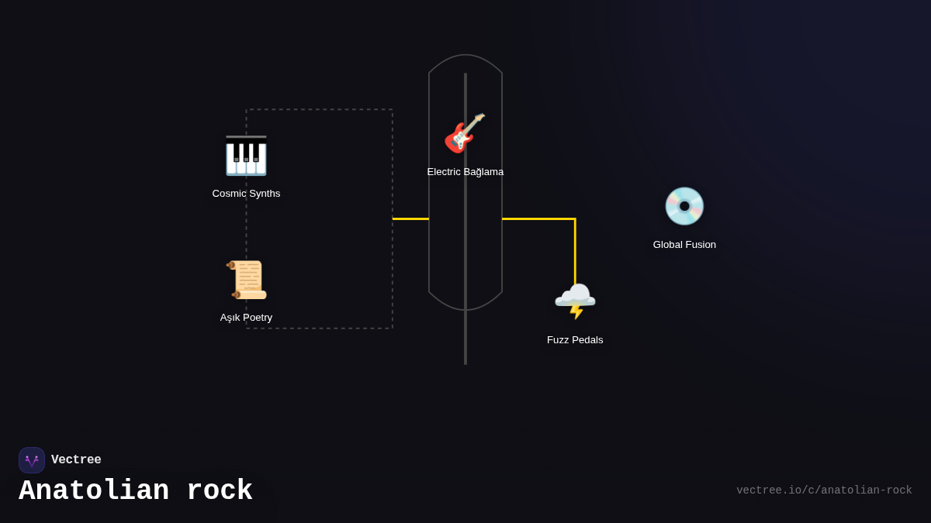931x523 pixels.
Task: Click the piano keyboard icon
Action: click(x=246, y=156)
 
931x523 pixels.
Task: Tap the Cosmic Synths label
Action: click(x=246, y=194)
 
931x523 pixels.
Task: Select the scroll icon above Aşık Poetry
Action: click(x=247, y=280)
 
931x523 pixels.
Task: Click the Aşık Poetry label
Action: click(x=246, y=318)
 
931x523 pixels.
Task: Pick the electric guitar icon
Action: click(x=465, y=133)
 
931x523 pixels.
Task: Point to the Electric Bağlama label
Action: click(x=465, y=172)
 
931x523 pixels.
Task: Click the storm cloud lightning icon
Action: click(x=575, y=301)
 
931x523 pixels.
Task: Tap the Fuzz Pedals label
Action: click(x=575, y=340)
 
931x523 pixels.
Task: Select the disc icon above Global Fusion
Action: click(x=684, y=206)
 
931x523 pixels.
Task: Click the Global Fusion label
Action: click(x=684, y=245)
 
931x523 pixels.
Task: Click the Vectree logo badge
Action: click(x=32, y=460)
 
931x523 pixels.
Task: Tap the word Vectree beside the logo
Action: click(x=76, y=460)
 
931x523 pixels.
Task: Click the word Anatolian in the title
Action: click(x=94, y=491)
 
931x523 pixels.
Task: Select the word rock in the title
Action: click(x=220, y=491)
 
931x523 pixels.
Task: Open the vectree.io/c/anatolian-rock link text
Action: click(x=824, y=490)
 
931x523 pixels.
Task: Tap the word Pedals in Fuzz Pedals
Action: click(x=587, y=340)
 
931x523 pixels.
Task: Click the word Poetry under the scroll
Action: click(x=258, y=318)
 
